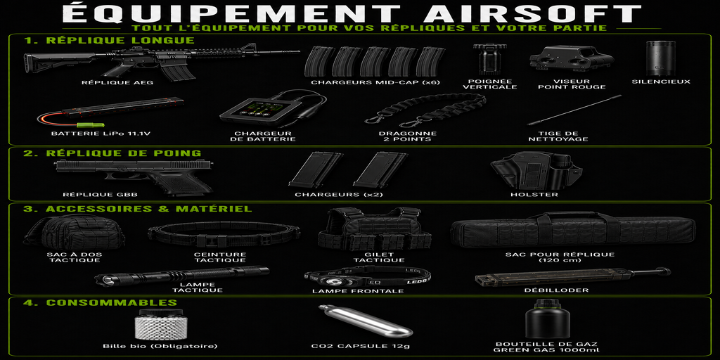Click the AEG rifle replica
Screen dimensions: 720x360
(156, 60)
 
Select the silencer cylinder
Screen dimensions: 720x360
(661, 58)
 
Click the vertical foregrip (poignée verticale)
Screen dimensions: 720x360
(490, 59)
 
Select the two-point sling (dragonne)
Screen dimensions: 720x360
(425, 110)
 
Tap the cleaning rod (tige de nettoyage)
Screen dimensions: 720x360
(574, 110)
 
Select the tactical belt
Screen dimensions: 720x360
(224, 235)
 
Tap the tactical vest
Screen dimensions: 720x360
(375, 229)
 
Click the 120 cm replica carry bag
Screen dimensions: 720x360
(572, 230)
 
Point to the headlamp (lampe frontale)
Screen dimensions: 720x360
(367, 278)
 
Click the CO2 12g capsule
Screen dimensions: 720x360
(365, 321)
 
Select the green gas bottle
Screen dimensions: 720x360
(547, 319)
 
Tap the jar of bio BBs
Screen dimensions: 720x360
(161, 323)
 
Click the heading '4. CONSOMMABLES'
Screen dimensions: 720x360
(100, 302)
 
